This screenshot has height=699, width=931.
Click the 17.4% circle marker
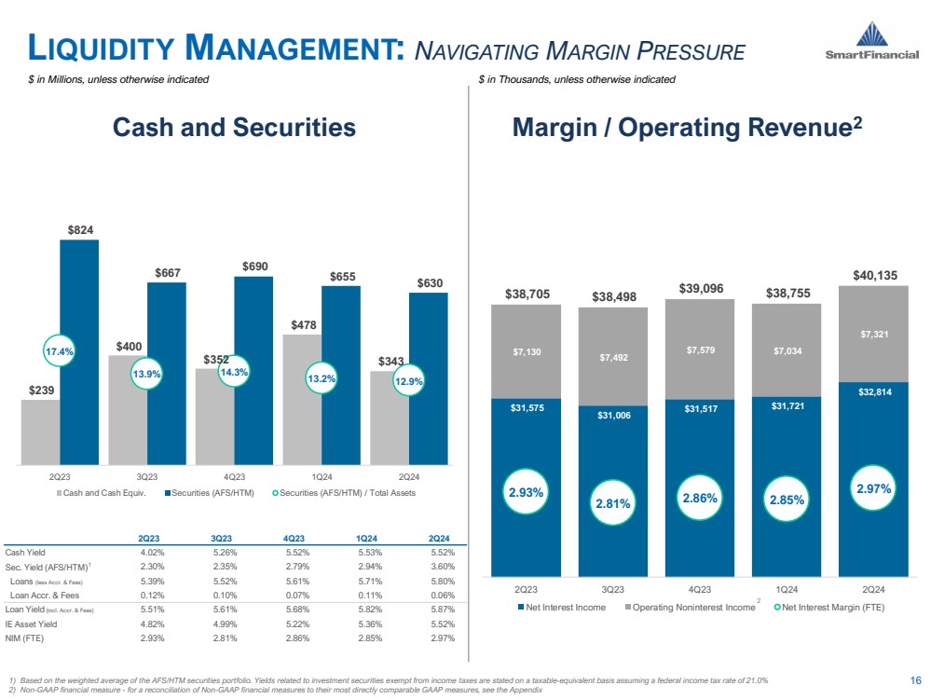coord(59,352)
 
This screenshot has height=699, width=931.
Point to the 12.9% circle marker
coord(408,381)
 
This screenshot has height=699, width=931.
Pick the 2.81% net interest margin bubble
coord(613,503)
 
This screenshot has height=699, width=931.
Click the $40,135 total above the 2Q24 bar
coord(874,274)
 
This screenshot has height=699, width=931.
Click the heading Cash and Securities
coord(234,128)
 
